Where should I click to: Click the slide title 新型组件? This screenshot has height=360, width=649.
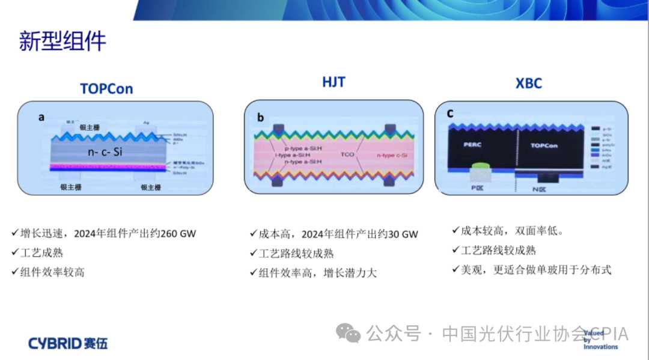62,41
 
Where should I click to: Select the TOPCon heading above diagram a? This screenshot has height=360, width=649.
106,89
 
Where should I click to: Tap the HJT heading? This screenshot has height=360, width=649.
334,82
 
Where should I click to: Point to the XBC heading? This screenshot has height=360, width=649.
528,84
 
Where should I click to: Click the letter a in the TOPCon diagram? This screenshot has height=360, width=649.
41,117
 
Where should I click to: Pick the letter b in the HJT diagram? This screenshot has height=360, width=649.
260,117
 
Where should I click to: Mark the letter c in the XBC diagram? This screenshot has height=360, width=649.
449,113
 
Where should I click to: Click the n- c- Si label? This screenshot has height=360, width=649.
105,152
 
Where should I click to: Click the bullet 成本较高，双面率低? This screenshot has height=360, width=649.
512,231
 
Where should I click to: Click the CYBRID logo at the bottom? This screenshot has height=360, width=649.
68,344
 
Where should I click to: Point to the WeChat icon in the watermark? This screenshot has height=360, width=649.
349,333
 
